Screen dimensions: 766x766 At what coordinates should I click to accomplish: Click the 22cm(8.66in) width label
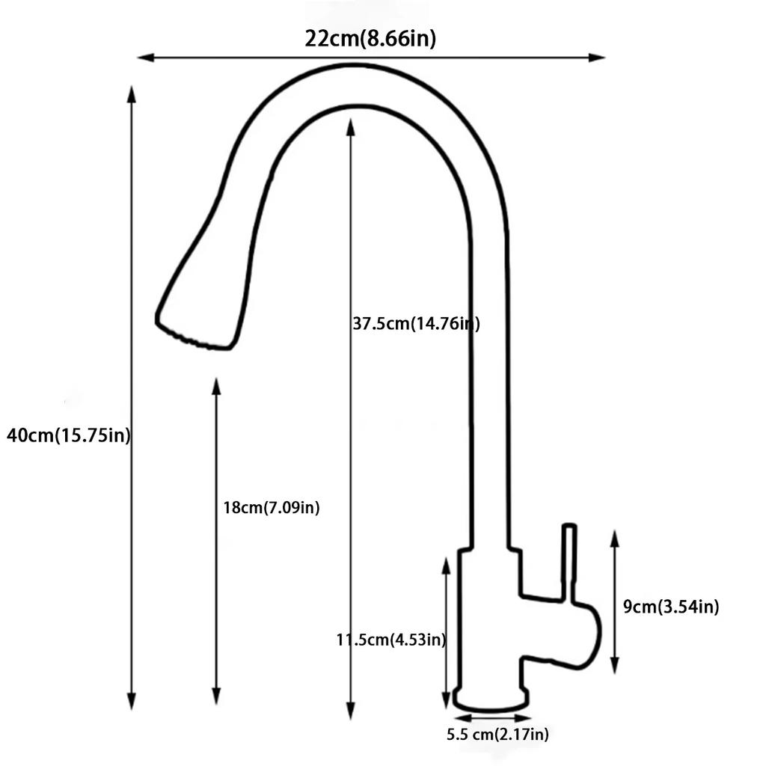tap(370, 39)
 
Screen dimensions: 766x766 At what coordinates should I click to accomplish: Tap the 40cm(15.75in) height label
tap(68, 435)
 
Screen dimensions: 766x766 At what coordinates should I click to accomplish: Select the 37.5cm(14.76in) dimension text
tap(416, 324)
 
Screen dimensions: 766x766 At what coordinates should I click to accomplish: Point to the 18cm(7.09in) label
tap(272, 508)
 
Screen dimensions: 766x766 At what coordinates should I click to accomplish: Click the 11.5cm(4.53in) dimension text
tap(391, 640)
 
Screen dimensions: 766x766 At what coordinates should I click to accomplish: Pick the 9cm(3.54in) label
tap(671, 607)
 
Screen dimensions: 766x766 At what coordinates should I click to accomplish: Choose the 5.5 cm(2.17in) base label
tap(497, 735)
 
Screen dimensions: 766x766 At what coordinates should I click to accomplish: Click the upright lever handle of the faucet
tap(569, 561)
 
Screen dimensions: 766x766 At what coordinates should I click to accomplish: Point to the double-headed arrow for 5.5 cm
tap(491, 717)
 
